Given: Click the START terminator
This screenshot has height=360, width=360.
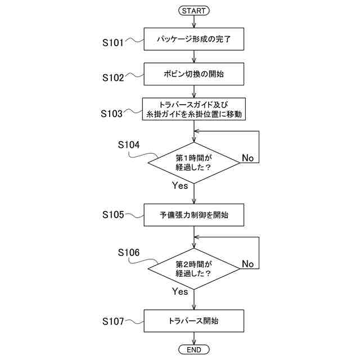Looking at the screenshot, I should [x=193, y=10].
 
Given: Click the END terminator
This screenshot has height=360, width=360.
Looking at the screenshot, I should [x=193, y=350].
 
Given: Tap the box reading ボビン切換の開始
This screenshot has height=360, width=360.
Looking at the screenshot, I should [x=193, y=73].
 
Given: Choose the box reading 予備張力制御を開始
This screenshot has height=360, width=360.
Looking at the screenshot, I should [x=193, y=214].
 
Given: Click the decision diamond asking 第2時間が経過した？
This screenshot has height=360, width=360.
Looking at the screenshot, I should [x=193, y=268].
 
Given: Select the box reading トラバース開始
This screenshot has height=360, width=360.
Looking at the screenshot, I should [x=193, y=321].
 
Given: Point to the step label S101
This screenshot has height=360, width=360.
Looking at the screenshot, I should [x=113, y=42].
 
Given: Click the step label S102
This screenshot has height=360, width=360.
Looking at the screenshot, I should [x=113, y=78].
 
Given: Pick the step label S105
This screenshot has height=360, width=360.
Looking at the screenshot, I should [x=113, y=214].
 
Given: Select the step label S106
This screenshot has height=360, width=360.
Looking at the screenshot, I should [x=129, y=253].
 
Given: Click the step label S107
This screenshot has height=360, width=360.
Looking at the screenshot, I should [x=113, y=321].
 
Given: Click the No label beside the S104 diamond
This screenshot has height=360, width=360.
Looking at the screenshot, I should [x=247, y=157].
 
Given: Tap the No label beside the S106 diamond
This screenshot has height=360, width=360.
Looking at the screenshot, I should [x=247, y=264].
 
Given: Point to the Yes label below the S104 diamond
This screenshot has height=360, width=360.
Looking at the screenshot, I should [x=180, y=186].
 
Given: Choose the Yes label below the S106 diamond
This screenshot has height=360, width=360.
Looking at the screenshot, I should [x=180, y=291].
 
